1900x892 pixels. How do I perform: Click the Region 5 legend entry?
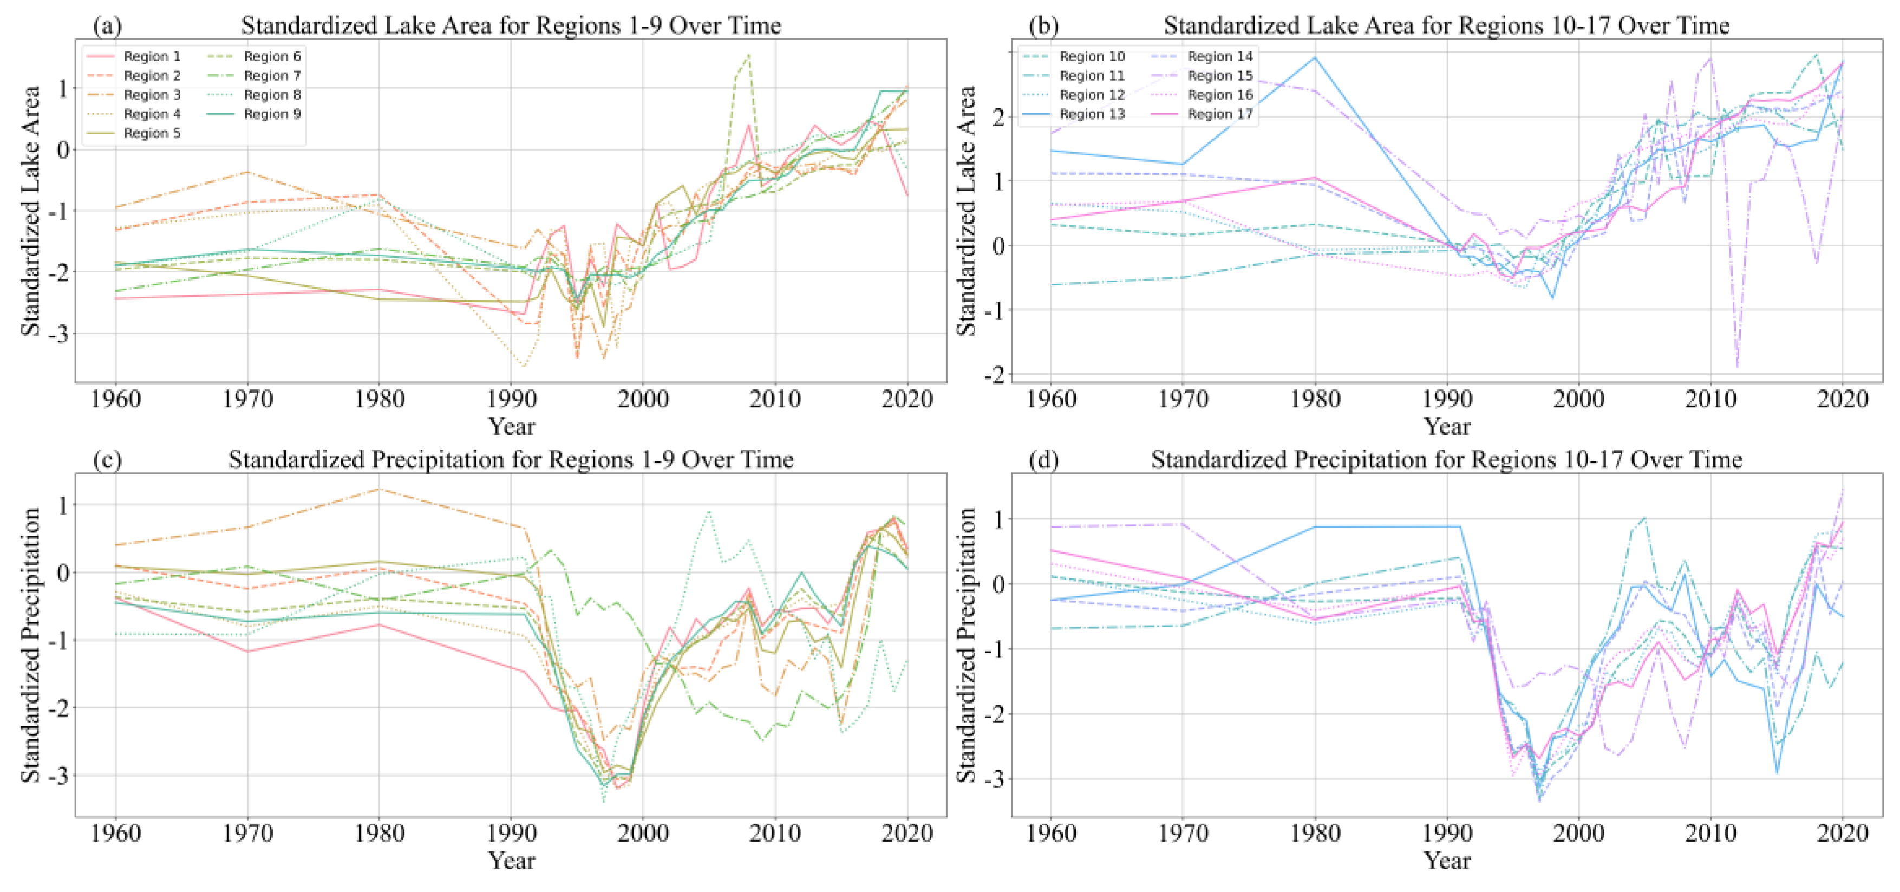coord(151,133)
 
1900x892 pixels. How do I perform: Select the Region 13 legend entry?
coord(1092,114)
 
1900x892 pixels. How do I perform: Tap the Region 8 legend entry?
coord(271,94)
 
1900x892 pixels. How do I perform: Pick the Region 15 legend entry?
coord(1219,75)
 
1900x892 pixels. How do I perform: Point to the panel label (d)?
coord(1043,460)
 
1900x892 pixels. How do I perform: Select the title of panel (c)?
coord(511,460)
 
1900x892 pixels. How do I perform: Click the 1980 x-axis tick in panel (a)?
coord(379,399)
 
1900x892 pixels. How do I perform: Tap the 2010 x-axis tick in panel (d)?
coord(1710,833)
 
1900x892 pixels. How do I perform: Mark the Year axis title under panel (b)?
coord(1446,426)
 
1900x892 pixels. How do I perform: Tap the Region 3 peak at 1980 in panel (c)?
coord(379,489)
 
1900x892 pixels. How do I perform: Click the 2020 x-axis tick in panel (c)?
coord(906,833)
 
